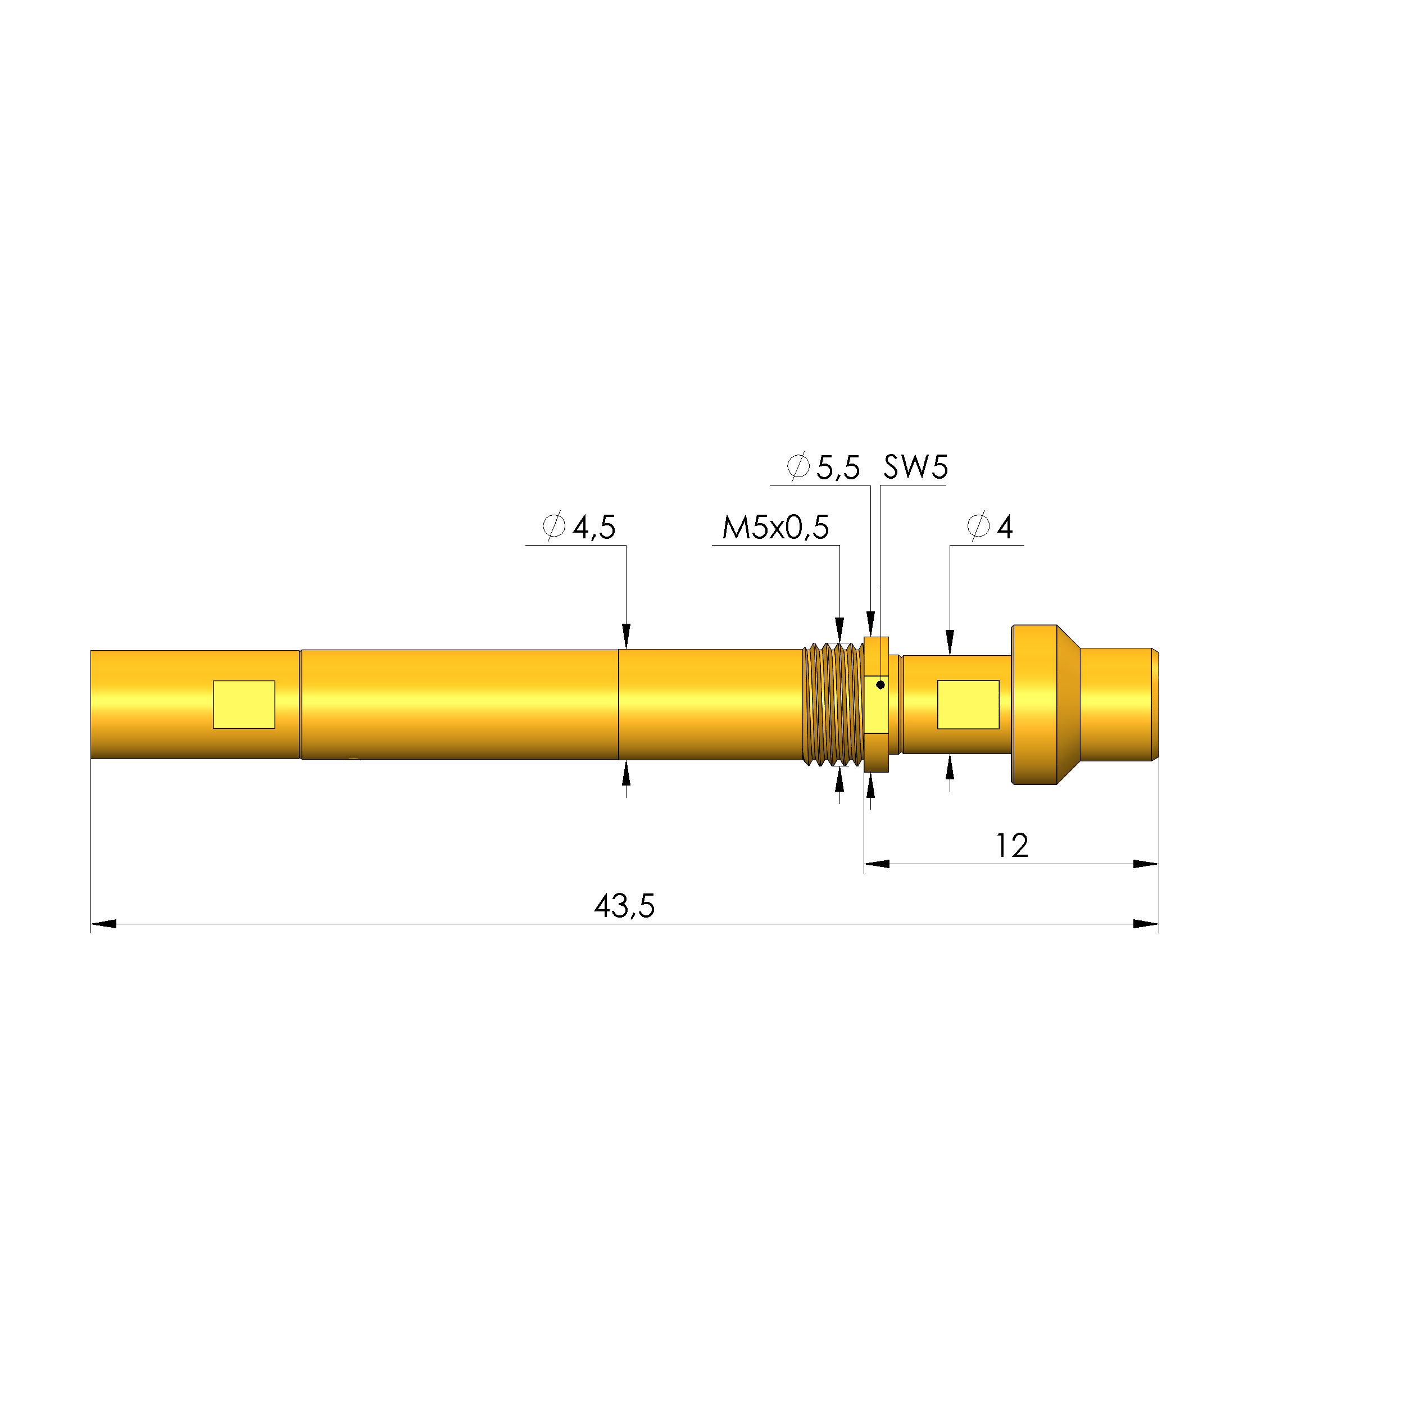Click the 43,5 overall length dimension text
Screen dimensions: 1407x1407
pyautogui.click(x=624, y=906)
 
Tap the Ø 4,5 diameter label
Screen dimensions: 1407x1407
pyautogui.click(x=579, y=527)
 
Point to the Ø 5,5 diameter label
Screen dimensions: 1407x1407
pyautogui.click(x=823, y=467)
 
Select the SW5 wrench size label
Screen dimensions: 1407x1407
pyautogui.click(x=915, y=467)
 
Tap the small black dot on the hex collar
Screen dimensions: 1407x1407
pyautogui.click(x=880, y=684)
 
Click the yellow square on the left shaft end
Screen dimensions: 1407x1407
pyautogui.click(x=243, y=704)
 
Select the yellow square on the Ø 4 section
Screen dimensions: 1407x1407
pyautogui.click(x=967, y=704)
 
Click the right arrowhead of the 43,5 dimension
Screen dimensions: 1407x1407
pyautogui.click(x=1146, y=924)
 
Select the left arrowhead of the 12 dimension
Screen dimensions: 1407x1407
pyautogui.click(x=876, y=864)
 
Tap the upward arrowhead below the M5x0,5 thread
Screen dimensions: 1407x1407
pyautogui.click(x=839, y=780)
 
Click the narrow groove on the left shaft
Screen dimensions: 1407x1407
pyautogui.click(x=300, y=704)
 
